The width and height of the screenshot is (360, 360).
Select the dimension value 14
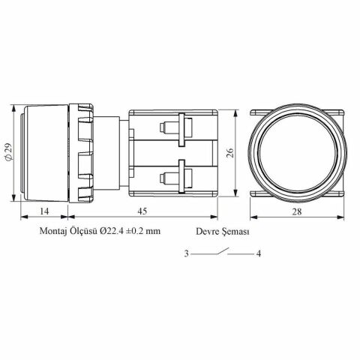(44, 211)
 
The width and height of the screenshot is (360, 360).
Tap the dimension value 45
(142, 211)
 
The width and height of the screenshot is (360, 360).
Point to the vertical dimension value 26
(230, 153)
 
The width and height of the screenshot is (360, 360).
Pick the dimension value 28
(297, 211)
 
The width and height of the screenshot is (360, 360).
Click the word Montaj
(52, 231)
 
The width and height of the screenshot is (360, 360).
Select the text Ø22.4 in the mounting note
(111, 230)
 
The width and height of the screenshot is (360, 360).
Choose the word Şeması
(235, 232)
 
